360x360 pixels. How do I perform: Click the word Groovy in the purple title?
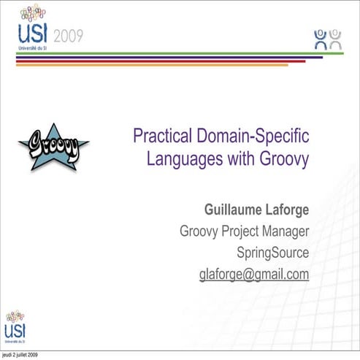tap(280, 158)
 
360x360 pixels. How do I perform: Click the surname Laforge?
tap(286, 210)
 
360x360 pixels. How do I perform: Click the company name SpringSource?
tap(273, 253)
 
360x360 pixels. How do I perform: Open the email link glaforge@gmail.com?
tap(254, 275)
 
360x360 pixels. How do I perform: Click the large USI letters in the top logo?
tap(33, 34)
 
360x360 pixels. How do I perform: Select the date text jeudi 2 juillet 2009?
tap(20, 355)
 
